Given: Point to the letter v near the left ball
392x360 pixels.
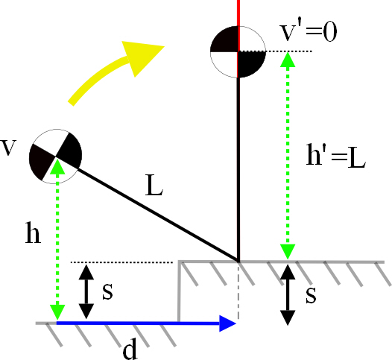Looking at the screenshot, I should (x=10, y=146).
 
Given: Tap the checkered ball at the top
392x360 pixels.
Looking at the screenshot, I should (x=238, y=51).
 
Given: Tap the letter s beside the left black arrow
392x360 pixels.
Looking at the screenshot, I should (x=107, y=291).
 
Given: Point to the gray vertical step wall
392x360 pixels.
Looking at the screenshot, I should (x=179, y=292).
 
